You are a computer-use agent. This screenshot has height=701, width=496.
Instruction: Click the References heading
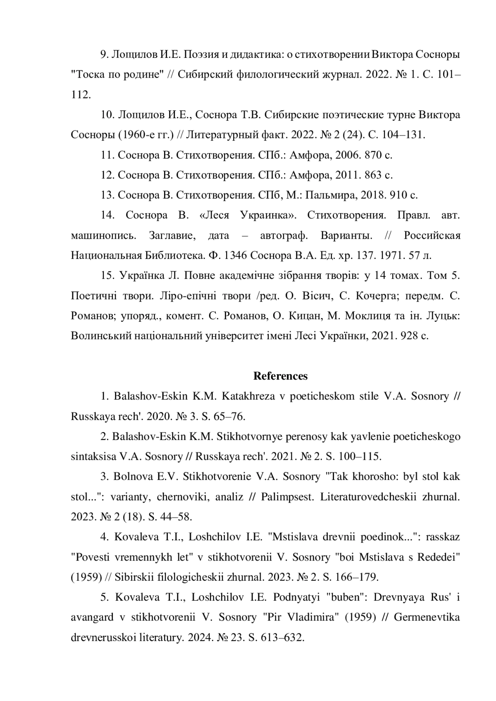[280, 376]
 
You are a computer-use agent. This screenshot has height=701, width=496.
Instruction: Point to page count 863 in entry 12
[373, 175]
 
